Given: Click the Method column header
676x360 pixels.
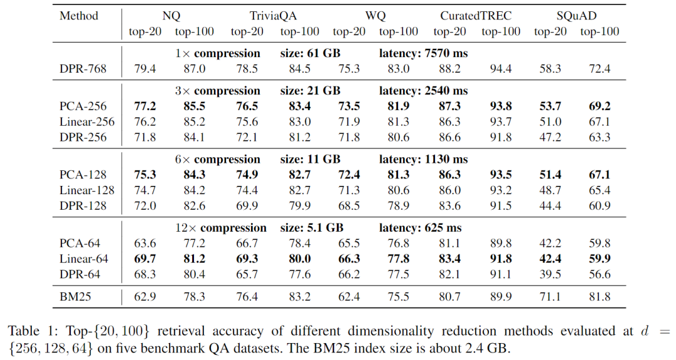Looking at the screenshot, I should (79, 16).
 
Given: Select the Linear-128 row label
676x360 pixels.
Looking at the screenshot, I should (87, 190).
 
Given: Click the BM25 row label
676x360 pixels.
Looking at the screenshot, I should (75, 296).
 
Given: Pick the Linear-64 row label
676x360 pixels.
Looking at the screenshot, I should (84, 259).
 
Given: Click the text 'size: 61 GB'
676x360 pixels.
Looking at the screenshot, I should (311, 53).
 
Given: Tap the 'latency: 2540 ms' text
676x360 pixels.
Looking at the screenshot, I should (424, 91).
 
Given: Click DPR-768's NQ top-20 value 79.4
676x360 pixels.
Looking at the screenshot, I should (145, 68).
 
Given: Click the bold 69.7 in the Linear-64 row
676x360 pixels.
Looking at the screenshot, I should (145, 259).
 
